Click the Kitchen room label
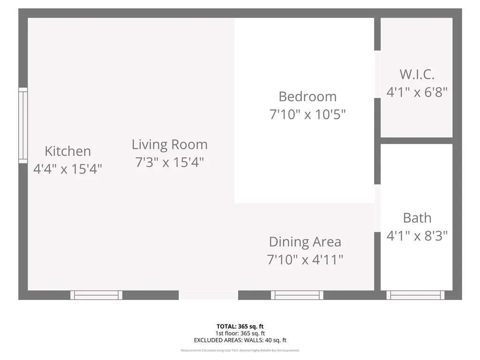tap(67, 151)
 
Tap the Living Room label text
tap(169, 144)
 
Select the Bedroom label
tap(307, 97)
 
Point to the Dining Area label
tap(305, 242)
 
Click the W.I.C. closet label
tap(417, 74)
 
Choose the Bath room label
tap(417, 218)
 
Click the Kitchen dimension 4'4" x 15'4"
tap(67, 169)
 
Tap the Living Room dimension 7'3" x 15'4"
tap(169, 163)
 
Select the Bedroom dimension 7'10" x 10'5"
tap(307, 114)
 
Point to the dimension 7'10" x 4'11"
tap(305, 260)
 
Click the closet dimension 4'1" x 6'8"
tap(417, 92)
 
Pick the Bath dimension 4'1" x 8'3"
tap(417, 236)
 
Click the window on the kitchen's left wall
tap(22, 125)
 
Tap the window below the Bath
tap(415, 295)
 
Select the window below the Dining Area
tap(297, 295)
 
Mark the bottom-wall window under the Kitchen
tap(96, 295)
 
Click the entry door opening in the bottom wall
tap(209, 295)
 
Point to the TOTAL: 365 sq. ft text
tap(240, 326)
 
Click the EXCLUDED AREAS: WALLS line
tap(240, 340)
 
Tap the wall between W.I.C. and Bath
tap(416, 141)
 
